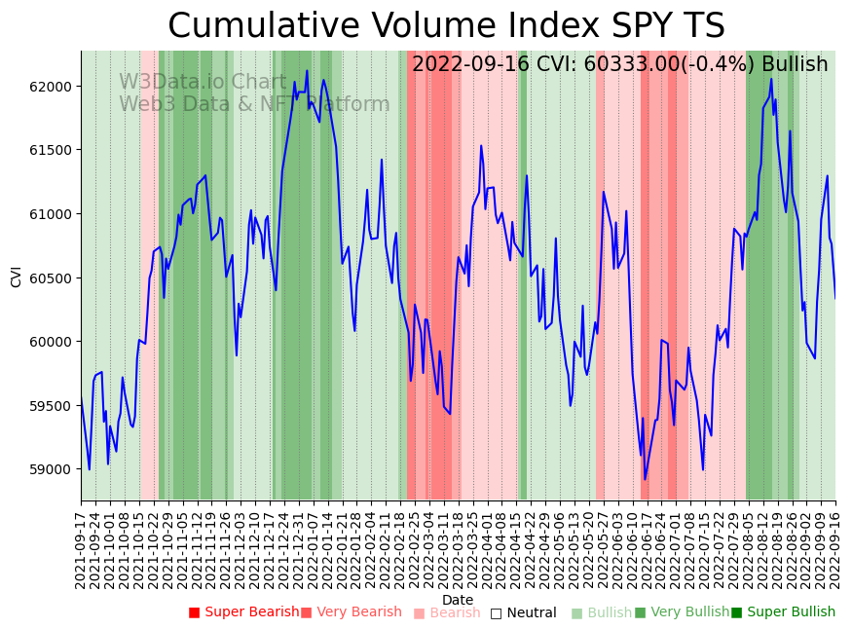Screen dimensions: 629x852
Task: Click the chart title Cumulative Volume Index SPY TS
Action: [x=446, y=26]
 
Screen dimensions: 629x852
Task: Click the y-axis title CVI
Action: [x=17, y=277]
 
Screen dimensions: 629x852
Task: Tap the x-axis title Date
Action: [x=458, y=601]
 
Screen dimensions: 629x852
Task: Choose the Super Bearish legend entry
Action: [x=244, y=612]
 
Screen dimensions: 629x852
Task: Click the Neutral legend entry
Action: [x=524, y=612]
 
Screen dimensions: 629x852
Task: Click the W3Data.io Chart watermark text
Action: [x=203, y=83]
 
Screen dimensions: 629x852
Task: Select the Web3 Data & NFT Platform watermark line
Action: [x=254, y=104]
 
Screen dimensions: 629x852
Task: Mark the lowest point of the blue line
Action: [x=645, y=479]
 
